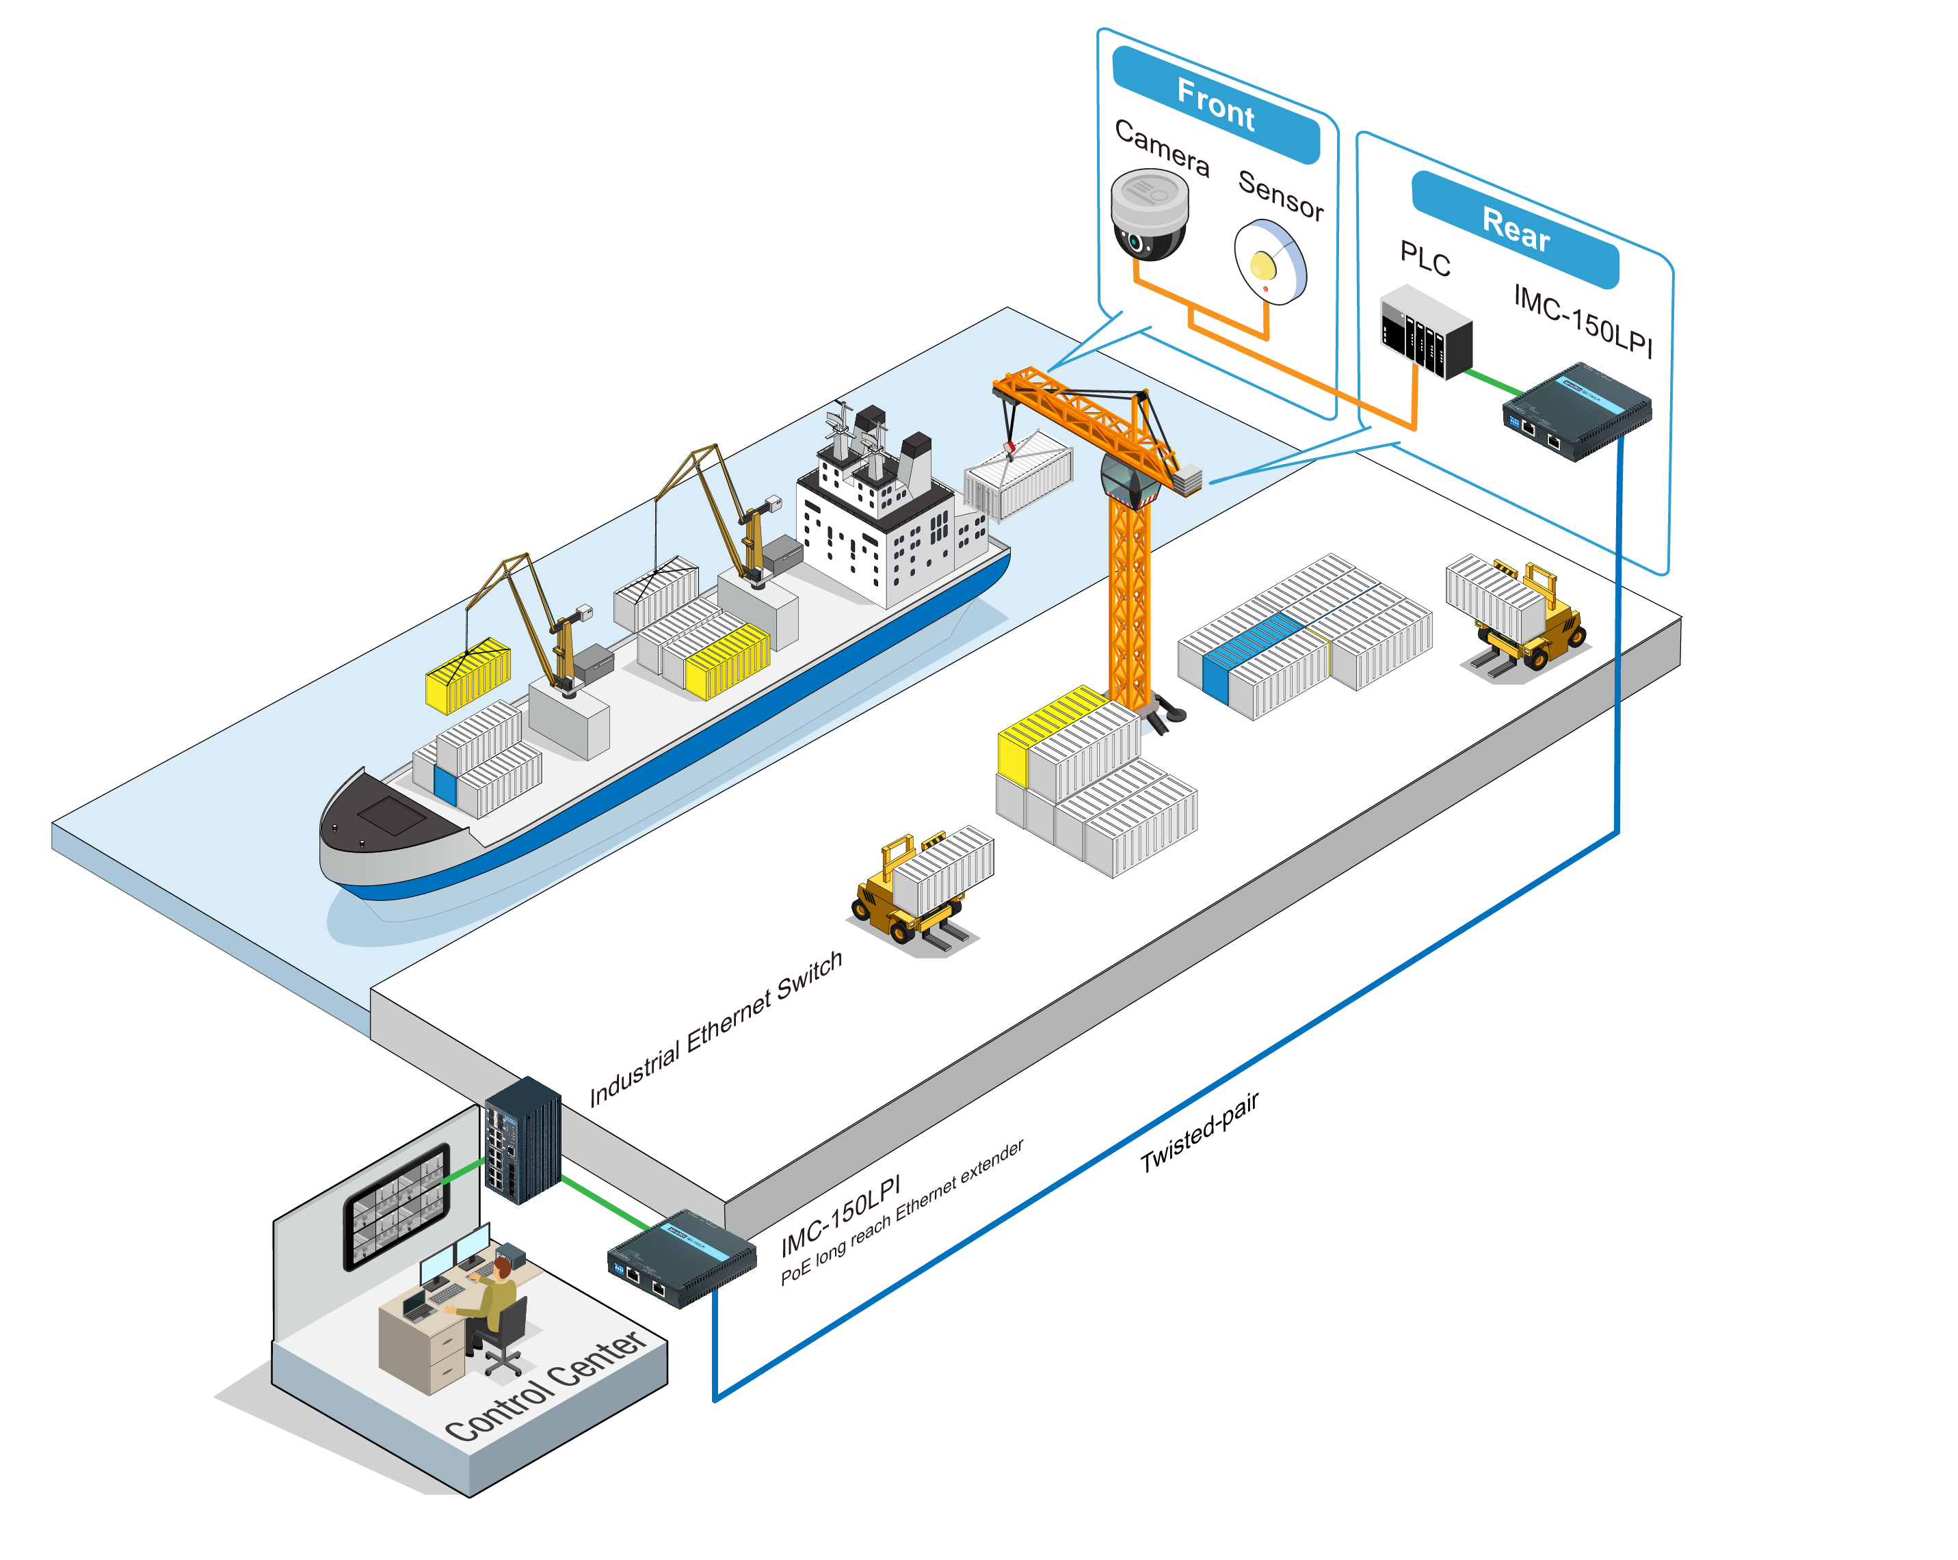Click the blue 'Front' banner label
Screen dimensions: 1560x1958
coord(1215,105)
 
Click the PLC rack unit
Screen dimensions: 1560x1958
coord(1426,332)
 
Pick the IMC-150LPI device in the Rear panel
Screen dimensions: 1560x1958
coord(1578,410)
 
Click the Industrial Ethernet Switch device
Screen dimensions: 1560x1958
coord(523,1140)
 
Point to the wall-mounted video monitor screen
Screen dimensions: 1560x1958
coord(397,1203)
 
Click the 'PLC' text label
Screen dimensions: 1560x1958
coord(1425,259)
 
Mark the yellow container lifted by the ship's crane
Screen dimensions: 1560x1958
coord(468,675)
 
